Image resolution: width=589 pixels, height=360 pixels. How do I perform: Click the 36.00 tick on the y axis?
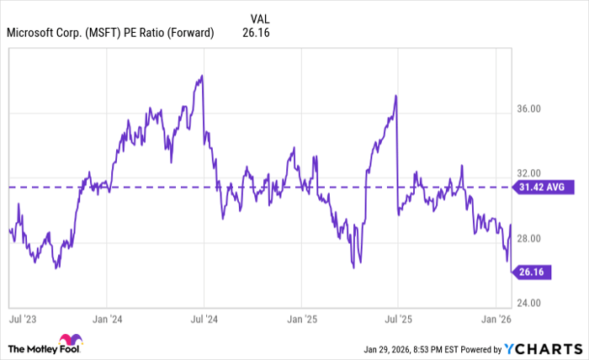[528, 109]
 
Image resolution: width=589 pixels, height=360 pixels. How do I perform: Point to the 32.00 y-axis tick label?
[528, 174]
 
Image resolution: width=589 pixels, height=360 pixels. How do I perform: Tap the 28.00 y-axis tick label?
[528, 240]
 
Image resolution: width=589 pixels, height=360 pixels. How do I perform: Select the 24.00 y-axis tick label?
[528, 304]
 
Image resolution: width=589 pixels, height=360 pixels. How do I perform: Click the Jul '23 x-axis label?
[23, 320]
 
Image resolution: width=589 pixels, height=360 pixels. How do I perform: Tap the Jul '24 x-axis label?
[204, 320]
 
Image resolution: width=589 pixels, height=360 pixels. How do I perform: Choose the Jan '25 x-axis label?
[301, 320]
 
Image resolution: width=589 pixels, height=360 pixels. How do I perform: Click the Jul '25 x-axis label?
[397, 320]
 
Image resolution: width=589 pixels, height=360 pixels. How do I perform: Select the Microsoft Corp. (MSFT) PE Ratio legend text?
[110, 34]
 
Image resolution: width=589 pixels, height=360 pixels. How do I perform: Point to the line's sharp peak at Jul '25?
[395, 96]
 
